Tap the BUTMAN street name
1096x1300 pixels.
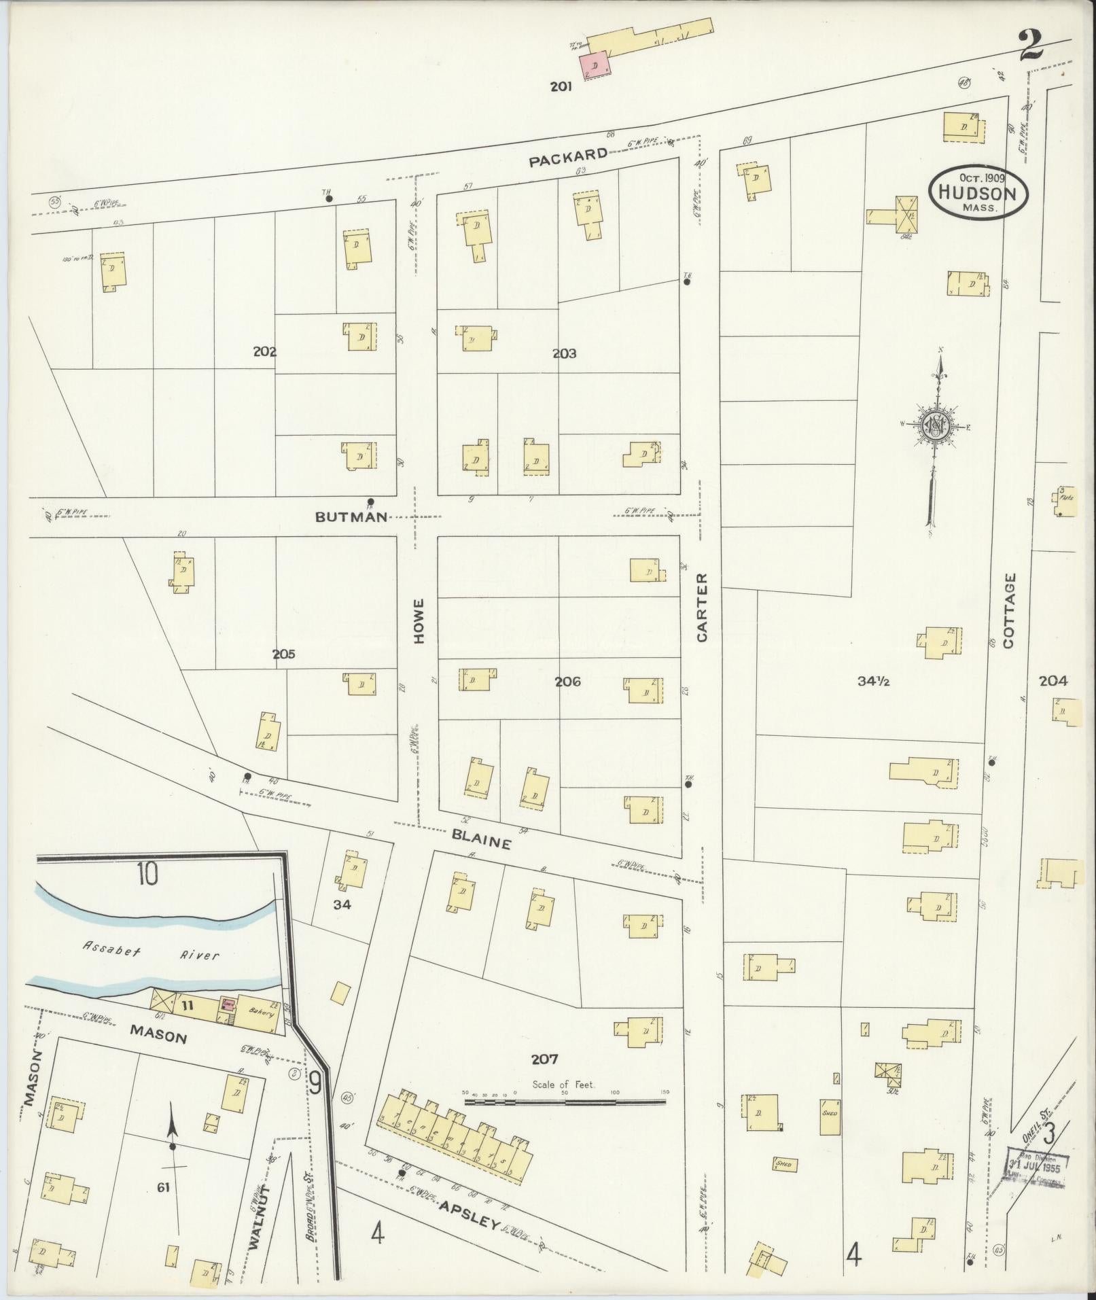point(351,516)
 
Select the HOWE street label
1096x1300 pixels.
point(419,620)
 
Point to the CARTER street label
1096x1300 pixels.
point(702,607)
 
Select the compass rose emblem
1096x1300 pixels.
point(936,425)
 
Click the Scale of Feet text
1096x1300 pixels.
point(563,1084)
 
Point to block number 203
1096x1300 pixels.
point(564,353)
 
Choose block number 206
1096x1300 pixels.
point(567,681)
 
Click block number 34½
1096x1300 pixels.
point(873,682)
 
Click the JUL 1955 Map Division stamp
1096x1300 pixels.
point(1036,1167)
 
